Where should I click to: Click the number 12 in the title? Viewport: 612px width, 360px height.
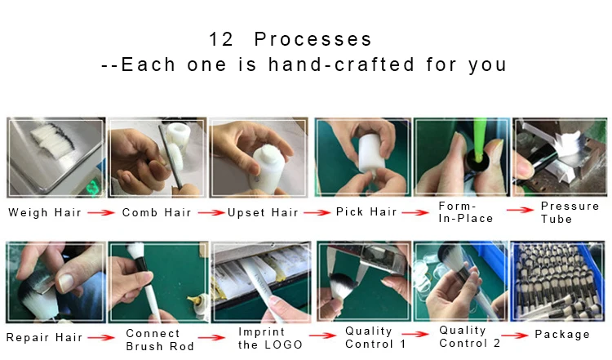tap(222, 39)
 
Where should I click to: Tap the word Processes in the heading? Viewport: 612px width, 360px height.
tap(313, 39)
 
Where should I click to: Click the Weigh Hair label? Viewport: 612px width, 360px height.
tap(44, 212)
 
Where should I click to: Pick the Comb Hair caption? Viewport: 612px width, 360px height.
tap(157, 212)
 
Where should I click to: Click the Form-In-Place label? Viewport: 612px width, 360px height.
tap(465, 212)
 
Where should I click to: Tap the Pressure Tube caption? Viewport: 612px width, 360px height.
tap(570, 212)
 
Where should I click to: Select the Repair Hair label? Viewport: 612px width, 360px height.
tap(43, 337)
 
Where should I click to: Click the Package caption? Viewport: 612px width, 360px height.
tap(562, 335)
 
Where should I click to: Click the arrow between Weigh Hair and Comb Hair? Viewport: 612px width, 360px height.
tap(100, 213)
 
